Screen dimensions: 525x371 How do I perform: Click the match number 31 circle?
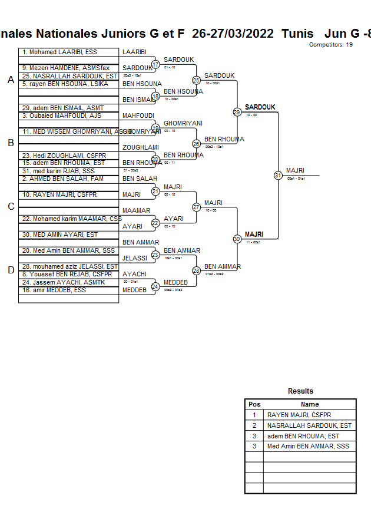point(278,175)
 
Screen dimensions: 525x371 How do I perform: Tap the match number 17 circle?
point(155,64)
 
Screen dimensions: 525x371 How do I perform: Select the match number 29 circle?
point(237,112)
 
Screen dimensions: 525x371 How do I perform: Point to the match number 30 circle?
point(237,239)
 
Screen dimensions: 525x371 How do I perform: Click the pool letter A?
point(11,80)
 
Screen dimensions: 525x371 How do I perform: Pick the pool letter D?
point(11,270)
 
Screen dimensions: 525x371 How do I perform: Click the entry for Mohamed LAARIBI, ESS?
point(59,52)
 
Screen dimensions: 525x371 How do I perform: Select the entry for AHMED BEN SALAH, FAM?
point(63,179)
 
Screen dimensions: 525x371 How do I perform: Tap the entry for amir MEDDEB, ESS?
point(54,290)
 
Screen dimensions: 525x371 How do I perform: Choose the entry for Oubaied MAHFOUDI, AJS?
point(62,115)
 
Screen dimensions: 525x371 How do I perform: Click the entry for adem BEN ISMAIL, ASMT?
point(63,108)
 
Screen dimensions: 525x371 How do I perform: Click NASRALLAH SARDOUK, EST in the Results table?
point(309,425)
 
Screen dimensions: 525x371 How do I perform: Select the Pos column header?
point(254,404)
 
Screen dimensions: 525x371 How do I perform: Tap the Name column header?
point(310,404)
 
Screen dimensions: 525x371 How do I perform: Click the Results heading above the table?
point(300,391)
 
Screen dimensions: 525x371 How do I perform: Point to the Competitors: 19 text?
point(331,45)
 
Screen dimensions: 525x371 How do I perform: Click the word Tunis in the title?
point(297,34)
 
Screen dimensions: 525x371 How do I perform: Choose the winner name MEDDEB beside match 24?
point(175,282)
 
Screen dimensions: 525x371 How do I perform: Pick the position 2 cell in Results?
point(254,425)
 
